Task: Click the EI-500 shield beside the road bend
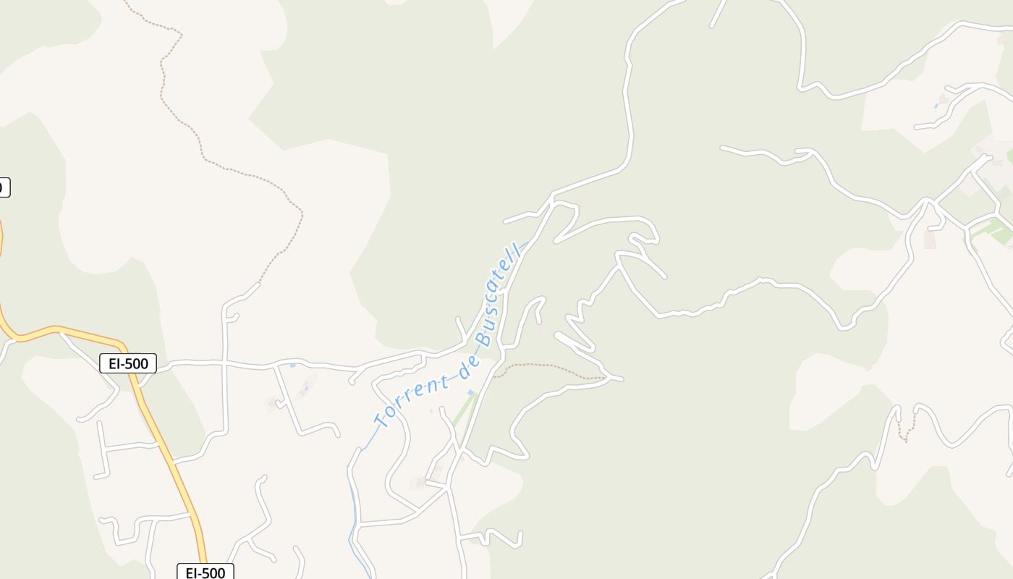128,363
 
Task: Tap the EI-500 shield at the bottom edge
205,572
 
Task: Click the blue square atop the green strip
472,393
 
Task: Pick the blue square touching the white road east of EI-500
292,365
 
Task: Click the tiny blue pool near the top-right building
936,106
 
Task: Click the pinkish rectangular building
930,240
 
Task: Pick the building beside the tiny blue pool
944,98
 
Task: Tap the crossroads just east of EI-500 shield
226,362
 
